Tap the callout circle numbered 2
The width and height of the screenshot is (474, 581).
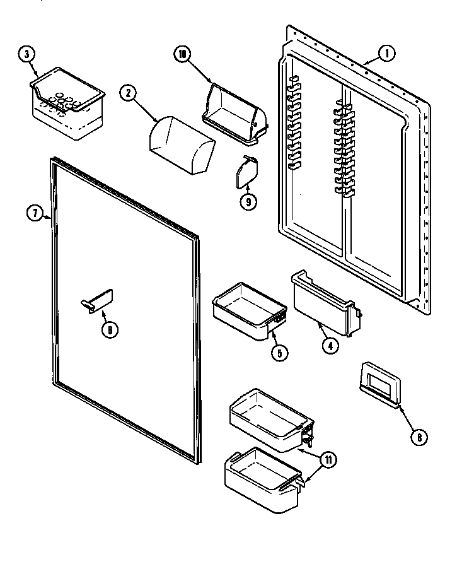pos(128,94)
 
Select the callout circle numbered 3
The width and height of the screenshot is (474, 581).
pos(26,54)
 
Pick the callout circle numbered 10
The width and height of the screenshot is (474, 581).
pos(182,54)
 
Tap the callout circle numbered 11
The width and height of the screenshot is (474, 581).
pos(327,460)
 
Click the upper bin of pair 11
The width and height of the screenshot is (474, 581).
pos(268,420)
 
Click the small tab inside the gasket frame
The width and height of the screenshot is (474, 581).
pos(98,300)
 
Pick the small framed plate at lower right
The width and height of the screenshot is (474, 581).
pos(379,383)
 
